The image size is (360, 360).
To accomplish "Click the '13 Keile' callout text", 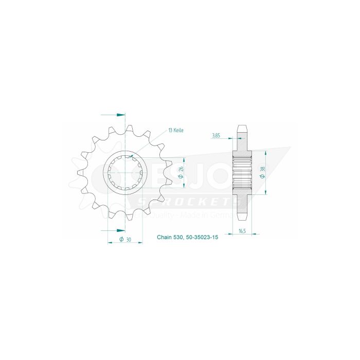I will [x=175, y=131].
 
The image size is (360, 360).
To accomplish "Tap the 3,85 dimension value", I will [x=215, y=136].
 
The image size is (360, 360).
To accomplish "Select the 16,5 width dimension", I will [x=242, y=231].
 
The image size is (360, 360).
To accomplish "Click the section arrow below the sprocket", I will [x=119, y=230].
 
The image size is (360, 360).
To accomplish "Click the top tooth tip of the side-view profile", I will [x=242, y=126].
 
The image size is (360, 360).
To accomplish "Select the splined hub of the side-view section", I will [x=242, y=173].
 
